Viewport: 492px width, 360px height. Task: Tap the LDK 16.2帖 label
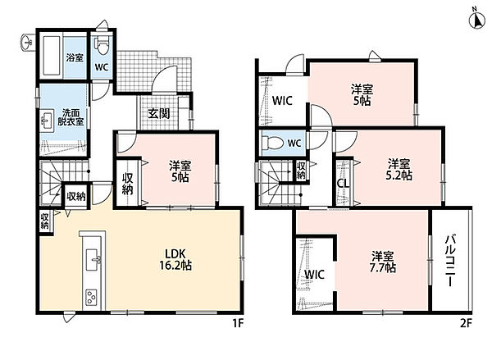(x=175, y=259)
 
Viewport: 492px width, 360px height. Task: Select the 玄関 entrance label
(x=159, y=114)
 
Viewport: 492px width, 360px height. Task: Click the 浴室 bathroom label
(x=75, y=57)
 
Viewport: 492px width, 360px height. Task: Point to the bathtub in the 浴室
(x=52, y=56)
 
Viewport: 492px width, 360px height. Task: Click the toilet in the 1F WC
(x=102, y=46)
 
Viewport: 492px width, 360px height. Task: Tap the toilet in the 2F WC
(x=271, y=143)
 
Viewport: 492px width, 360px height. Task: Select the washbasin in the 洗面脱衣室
(x=47, y=121)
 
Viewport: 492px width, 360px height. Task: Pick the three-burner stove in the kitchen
(x=92, y=297)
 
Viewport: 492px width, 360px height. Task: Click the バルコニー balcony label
(x=450, y=261)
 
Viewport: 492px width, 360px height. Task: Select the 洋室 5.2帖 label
(x=399, y=170)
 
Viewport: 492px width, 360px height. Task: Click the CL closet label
(x=344, y=184)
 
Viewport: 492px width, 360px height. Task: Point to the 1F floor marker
(x=238, y=323)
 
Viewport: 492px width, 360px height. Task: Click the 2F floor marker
(x=466, y=323)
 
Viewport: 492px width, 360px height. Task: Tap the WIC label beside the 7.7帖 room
(x=314, y=275)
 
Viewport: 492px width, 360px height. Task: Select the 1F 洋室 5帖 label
(x=180, y=171)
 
